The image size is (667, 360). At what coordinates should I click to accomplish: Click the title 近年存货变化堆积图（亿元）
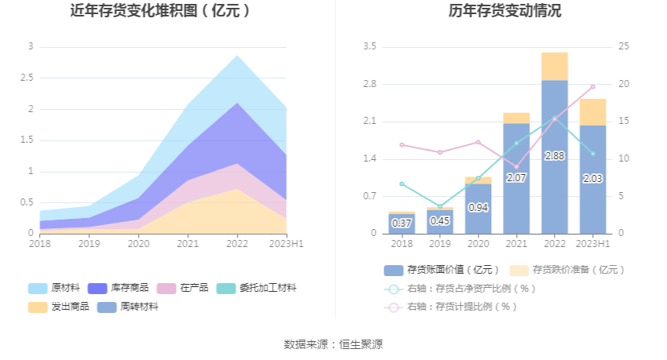coord(160,11)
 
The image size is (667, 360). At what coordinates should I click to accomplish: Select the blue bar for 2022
coord(554,157)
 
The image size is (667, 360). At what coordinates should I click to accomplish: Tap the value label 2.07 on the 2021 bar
coord(516,178)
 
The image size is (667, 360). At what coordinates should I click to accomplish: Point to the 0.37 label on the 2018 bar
coord(402,223)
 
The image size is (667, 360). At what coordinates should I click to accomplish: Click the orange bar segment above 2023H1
coord(592,111)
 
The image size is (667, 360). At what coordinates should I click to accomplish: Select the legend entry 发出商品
coord(59,307)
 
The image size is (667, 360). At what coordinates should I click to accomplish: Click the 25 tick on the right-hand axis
coord(623,47)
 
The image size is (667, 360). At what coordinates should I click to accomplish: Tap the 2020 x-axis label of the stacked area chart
coord(138,244)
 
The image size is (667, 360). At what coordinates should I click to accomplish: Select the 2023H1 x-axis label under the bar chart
coord(592,244)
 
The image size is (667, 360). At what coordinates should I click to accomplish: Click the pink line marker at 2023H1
coord(592,86)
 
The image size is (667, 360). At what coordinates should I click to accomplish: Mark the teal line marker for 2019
coord(439,207)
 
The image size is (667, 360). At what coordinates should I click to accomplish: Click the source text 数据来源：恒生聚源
coord(333,344)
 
